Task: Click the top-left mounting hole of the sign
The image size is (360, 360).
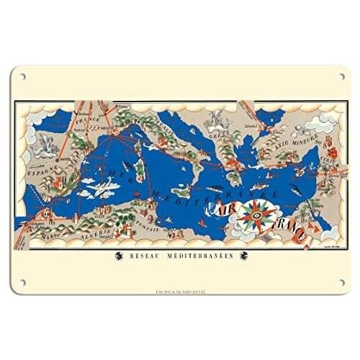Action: coord(22,76)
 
